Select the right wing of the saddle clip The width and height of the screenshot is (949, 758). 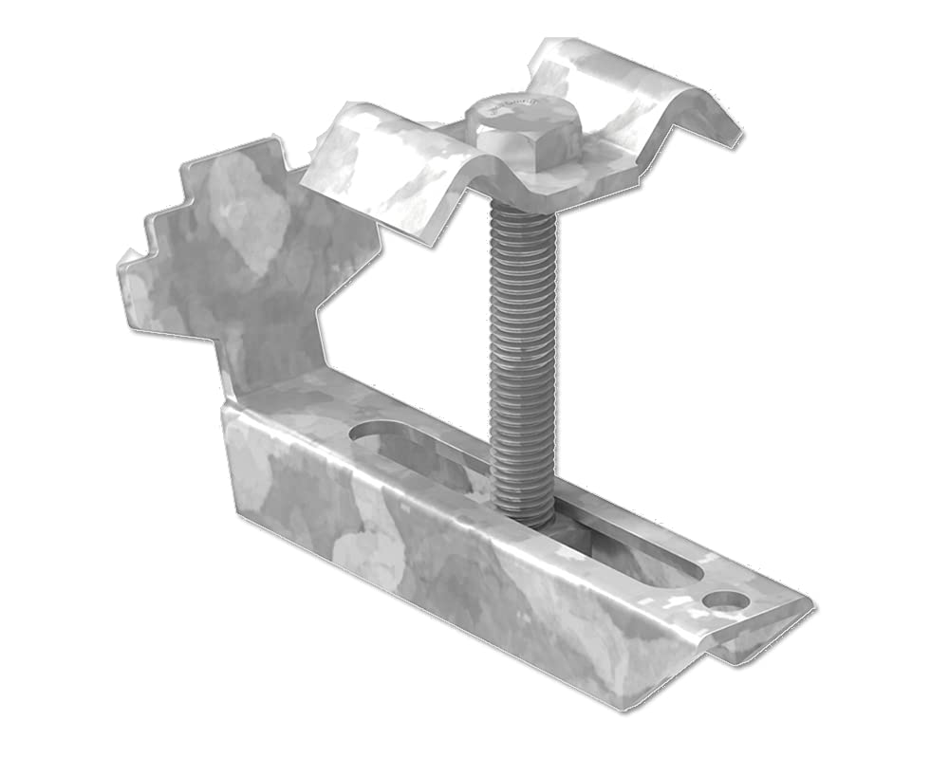655,95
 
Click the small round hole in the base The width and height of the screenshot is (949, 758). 725,601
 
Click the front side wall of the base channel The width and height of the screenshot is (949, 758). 427,569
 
